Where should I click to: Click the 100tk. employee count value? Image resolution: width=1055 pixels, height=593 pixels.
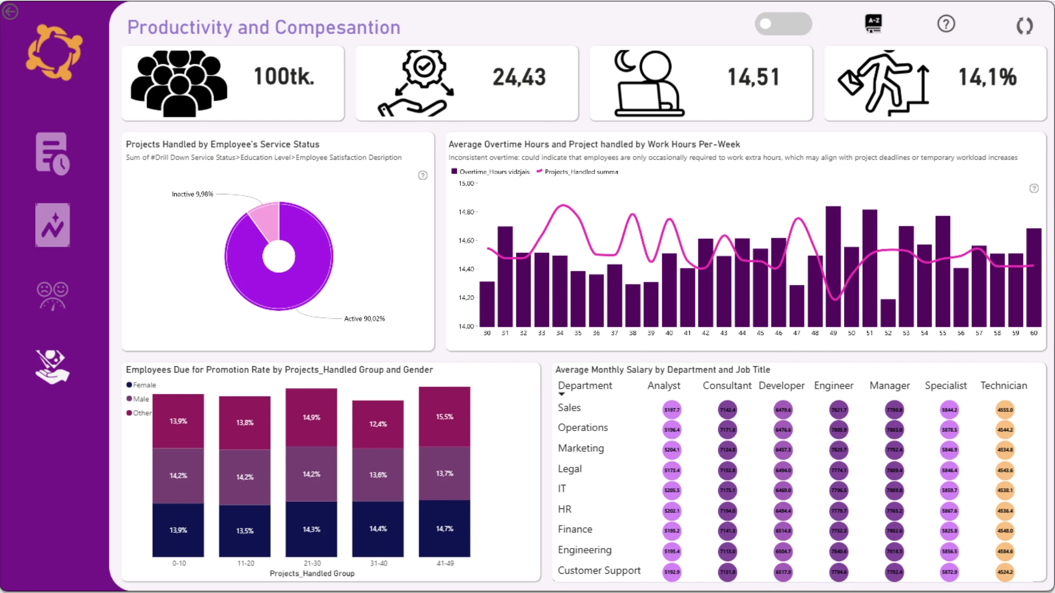pyautogui.click(x=284, y=77)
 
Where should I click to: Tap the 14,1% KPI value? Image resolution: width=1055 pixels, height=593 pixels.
pyautogui.click(x=987, y=77)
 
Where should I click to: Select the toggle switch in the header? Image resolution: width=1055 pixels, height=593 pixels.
pyautogui.click(x=783, y=24)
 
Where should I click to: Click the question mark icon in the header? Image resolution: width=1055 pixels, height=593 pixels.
pyautogui.click(x=946, y=24)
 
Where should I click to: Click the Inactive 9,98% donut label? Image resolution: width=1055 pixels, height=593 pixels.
pyautogui.click(x=192, y=194)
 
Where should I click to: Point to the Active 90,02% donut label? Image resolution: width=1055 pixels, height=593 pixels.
pyautogui.click(x=364, y=319)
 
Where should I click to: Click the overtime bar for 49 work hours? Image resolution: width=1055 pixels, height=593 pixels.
pyautogui.click(x=833, y=266)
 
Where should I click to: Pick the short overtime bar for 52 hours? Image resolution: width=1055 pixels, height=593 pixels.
pyautogui.click(x=887, y=313)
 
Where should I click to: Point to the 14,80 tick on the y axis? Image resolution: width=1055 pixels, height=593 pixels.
pyautogui.click(x=467, y=212)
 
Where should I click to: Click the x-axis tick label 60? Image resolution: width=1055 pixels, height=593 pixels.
pyautogui.click(x=1034, y=333)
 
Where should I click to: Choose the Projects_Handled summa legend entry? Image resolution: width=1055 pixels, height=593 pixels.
pyautogui.click(x=580, y=172)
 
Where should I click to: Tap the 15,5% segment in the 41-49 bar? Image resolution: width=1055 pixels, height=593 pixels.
pyautogui.click(x=445, y=417)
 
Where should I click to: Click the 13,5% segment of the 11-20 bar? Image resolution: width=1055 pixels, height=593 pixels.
pyautogui.click(x=245, y=531)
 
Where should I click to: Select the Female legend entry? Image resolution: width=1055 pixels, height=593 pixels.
pyautogui.click(x=144, y=385)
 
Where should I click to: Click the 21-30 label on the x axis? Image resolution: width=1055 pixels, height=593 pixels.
pyautogui.click(x=312, y=563)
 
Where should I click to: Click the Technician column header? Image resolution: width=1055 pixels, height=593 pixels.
pyautogui.click(x=1003, y=386)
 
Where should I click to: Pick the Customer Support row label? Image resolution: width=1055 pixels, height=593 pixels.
pyautogui.click(x=599, y=571)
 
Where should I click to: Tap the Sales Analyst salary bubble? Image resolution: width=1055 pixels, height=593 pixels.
pyautogui.click(x=671, y=410)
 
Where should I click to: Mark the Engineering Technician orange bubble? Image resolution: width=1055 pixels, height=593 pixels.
pyautogui.click(x=1005, y=551)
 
